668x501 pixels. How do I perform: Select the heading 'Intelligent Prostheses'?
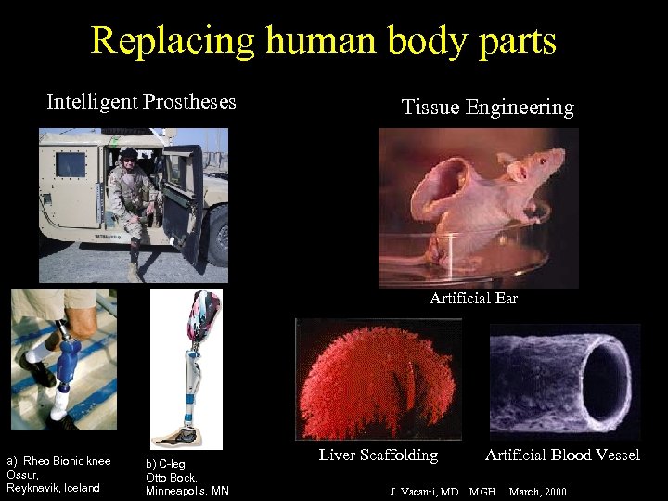tap(141, 101)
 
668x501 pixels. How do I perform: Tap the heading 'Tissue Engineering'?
tap(487, 107)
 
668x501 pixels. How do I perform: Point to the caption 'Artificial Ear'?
tap(473, 298)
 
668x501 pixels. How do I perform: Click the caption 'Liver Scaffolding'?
tap(379, 455)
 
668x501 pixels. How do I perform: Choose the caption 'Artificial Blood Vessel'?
tap(562, 455)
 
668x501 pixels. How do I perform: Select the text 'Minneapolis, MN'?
tap(187, 490)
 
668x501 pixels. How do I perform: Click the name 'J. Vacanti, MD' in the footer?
tap(423, 490)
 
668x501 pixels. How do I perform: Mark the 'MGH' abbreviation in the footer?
tap(482, 490)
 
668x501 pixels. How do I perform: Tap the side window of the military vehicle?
tap(71, 164)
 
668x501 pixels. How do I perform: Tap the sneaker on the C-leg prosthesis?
tap(176, 435)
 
